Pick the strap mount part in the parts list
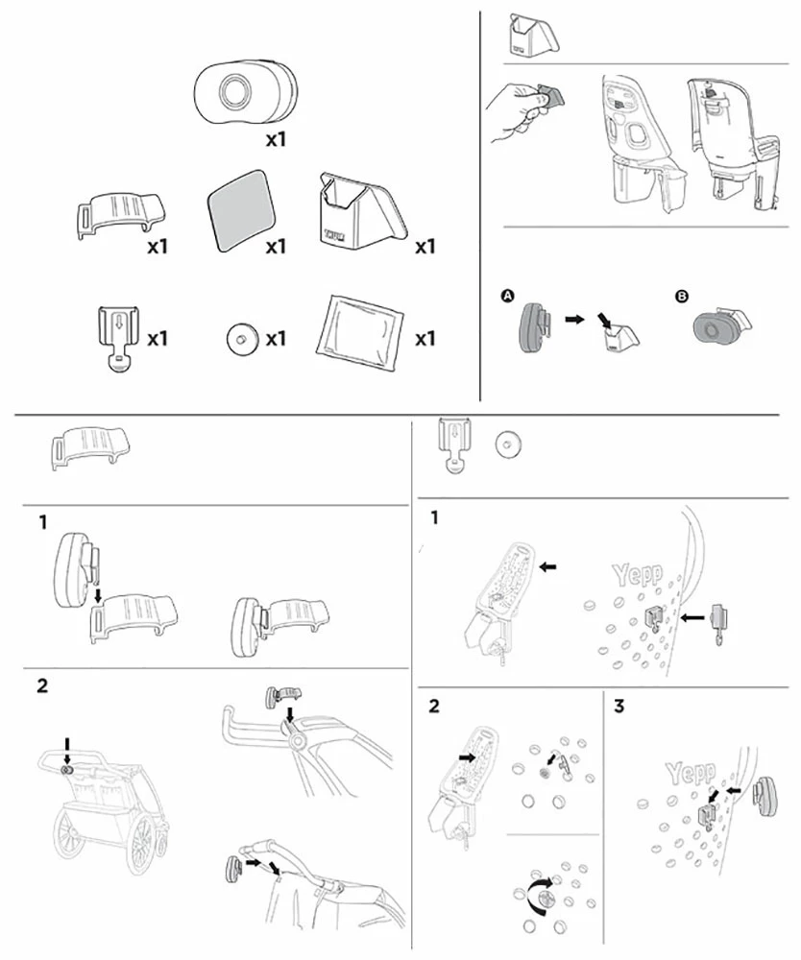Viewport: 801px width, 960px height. tap(121, 215)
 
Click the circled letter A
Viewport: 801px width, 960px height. tap(508, 296)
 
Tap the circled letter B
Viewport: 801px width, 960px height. tap(681, 297)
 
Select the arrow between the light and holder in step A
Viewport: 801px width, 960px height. tap(574, 319)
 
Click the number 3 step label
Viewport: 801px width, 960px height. tap(619, 706)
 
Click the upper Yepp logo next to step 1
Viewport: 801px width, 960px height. tap(638, 574)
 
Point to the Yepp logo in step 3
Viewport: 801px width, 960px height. tap(691, 773)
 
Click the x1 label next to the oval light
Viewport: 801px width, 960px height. tap(277, 139)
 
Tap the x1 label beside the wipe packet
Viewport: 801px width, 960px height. tap(425, 338)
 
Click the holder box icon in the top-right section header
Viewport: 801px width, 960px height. tap(533, 36)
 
